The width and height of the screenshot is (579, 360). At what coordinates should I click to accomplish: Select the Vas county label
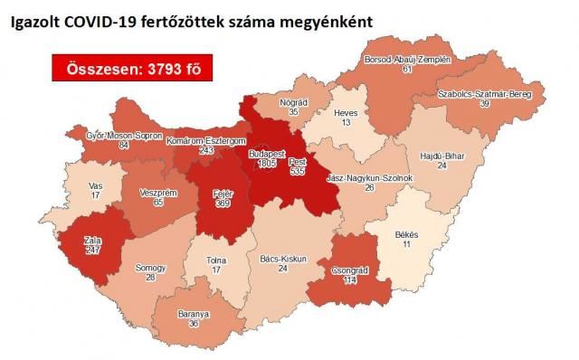95,185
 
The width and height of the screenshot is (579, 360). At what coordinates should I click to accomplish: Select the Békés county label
411,233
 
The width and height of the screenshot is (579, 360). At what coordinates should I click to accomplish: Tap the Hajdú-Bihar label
443,156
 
